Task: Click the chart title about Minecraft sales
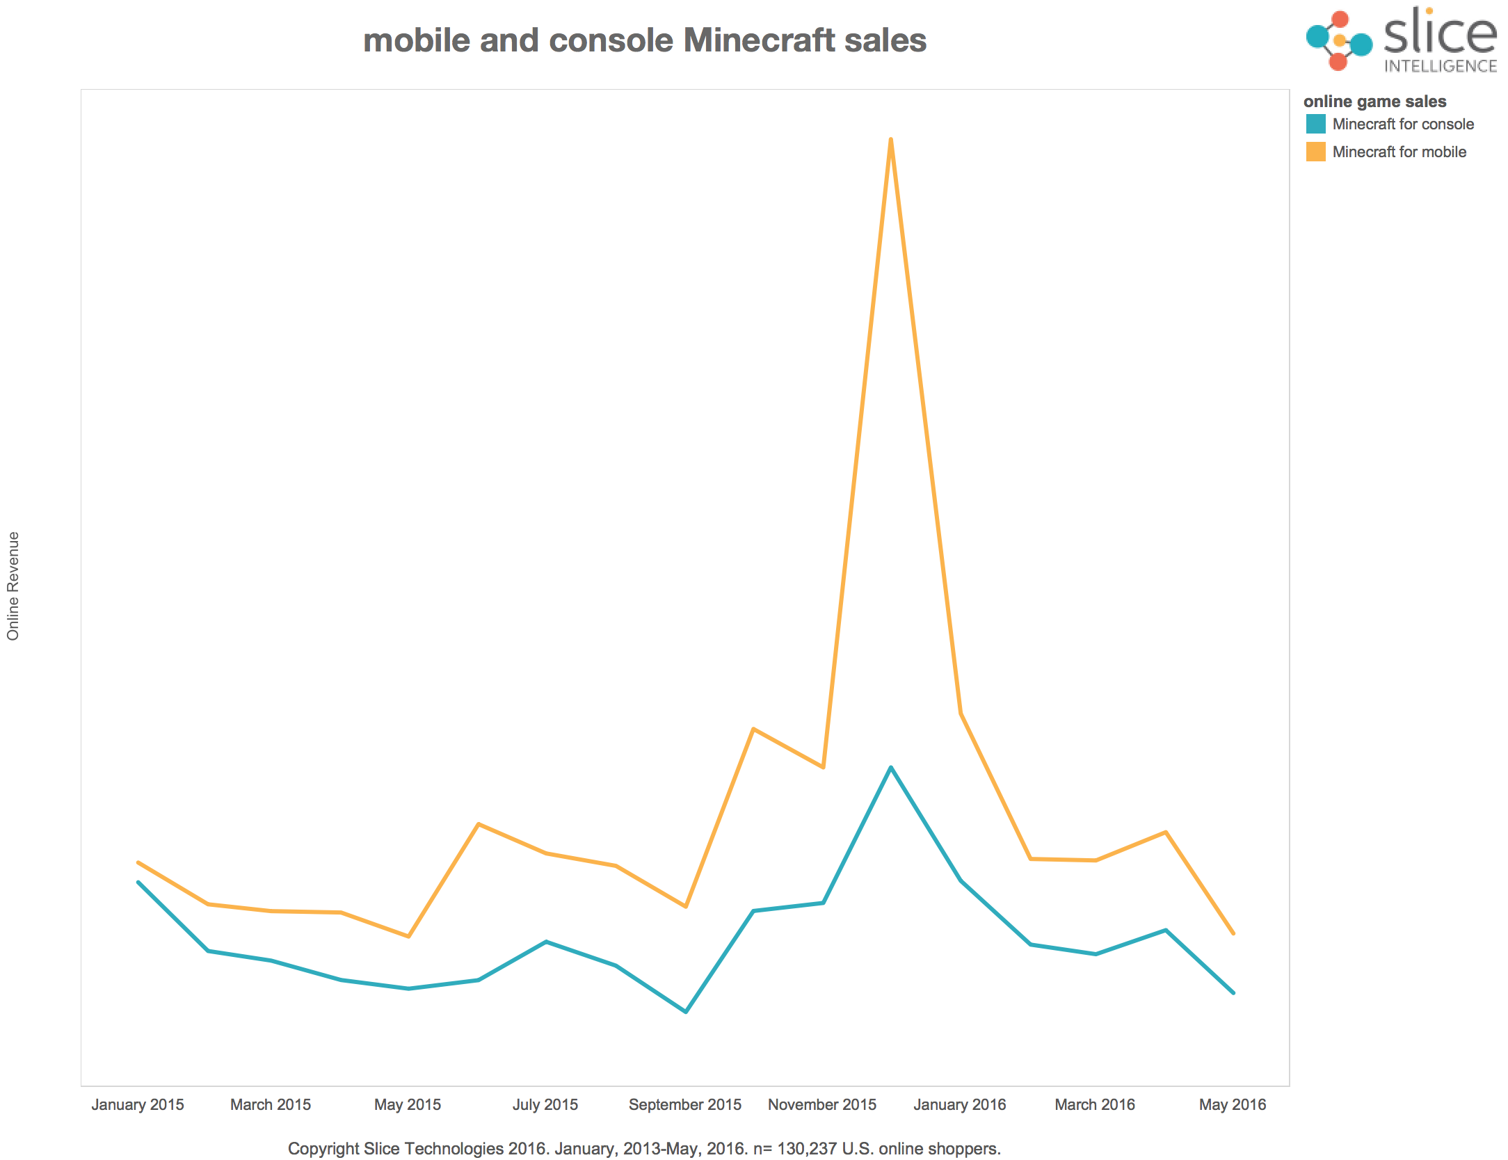[644, 40]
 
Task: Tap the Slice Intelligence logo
[1401, 40]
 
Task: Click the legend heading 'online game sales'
[1374, 102]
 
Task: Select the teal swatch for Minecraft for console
[1315, 124]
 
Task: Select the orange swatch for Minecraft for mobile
[1315, 152]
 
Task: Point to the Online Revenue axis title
[13, 586]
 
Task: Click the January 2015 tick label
[138, 1104]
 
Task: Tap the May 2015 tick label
[408, 1104]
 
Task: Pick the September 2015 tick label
[684, 1104]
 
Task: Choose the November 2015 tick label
[821, 1104]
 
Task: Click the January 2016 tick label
[959, 1104]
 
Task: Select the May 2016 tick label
[1232, 1104]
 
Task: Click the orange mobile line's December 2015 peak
[890, 140]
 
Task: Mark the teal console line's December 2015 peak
[890, 768]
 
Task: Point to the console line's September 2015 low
[686, 1011]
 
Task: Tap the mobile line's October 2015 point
[753, 729]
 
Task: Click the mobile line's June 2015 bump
[479, 824]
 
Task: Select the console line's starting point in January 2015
[138, 882]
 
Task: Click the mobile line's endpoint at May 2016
[1233, 933]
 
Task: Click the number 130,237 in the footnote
[807, 1148]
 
